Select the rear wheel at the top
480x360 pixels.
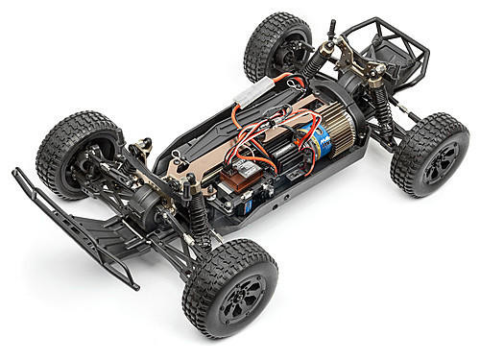point(277,48)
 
